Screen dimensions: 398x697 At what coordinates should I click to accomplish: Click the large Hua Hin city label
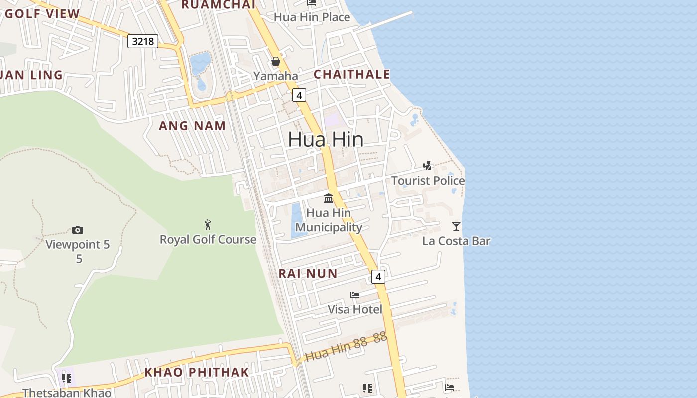point(326,139)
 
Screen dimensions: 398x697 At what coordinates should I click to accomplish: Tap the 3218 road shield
point(143,41)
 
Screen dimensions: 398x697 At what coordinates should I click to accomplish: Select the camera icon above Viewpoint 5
point(77,230)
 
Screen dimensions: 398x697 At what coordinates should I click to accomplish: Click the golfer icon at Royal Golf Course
point(208,225)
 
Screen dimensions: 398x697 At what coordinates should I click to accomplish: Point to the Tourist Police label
point(428,180)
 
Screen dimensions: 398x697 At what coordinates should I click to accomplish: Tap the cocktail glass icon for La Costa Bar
point(456,226)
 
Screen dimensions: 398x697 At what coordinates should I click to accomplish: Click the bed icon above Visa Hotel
point(355,295)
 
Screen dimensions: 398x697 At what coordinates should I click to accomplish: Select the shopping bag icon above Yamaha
point(276,61)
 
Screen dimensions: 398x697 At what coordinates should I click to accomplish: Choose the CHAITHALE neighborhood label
point(351,74)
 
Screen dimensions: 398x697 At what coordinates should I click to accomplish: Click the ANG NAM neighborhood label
point(192,126)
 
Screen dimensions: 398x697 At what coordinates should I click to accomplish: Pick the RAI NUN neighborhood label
point(308,273)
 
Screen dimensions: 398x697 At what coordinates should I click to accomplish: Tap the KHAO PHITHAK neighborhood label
point(197,372)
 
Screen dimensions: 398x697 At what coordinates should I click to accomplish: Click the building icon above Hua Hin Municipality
point(329,199)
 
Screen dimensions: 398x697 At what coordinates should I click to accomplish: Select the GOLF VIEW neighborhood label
point(42,14)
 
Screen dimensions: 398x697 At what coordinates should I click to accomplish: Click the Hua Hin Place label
point(312,17)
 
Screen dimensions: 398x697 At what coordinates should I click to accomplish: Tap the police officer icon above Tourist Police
point(427,165)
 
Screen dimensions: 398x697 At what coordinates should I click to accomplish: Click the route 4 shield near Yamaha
point(299,95)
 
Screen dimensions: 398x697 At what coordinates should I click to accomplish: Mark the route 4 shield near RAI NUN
point(378,277)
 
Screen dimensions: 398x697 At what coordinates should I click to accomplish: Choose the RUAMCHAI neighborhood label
point(218,5)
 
